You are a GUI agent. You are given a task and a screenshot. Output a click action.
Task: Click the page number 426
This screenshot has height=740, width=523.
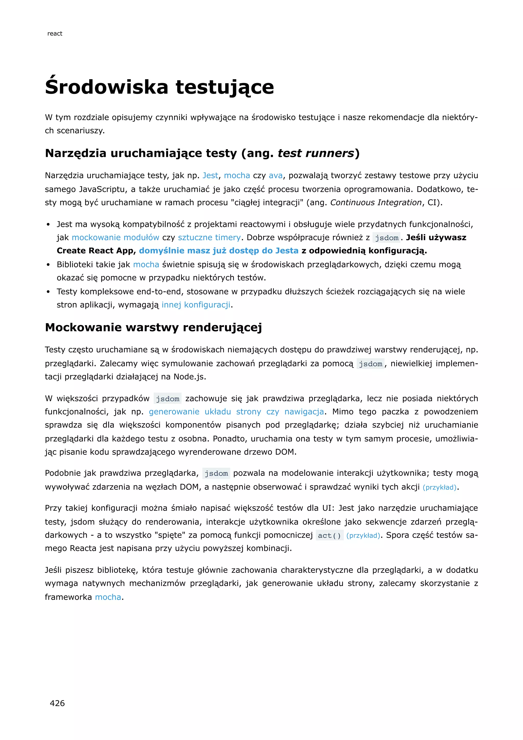pyautogui.click(x=57, y=703)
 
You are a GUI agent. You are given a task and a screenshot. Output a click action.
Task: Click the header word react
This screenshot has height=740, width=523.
pyautogui.click(x=55, y=33)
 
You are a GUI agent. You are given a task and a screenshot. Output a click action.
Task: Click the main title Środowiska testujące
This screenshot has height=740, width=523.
pyautogui.click(x=159, y=87)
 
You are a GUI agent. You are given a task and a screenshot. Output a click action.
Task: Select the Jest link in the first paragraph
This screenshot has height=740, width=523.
pyautogui.click(x=210, y=176)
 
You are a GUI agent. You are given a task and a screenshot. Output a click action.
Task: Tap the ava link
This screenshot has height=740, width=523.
pyautogui.click(x=275, y=176)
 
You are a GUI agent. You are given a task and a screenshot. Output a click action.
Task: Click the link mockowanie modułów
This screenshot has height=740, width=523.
pyautogui.click(x=115, y=238)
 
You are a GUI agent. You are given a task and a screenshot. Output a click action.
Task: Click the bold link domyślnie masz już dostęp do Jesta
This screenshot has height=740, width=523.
pyautogui.click(x=219, y=251)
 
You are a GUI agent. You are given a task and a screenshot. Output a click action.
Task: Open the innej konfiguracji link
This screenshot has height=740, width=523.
pyautogui.click(x=196, y=305)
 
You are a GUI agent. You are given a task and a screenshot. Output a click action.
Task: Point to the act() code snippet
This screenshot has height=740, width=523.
pyautogui.click(x=329, y=535)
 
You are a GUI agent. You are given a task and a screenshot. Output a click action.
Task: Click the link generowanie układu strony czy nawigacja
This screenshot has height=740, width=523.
pyautogui.click(x=236, y=412)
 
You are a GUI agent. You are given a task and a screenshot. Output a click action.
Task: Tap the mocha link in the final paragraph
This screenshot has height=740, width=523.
pyautogui.click(x=108, y=597)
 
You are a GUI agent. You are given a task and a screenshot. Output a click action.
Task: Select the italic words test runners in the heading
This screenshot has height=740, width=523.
pyautogui.click(x=316, y=153)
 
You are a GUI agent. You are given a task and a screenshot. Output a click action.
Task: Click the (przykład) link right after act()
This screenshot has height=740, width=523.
pyautogui.click(x=363, y=535)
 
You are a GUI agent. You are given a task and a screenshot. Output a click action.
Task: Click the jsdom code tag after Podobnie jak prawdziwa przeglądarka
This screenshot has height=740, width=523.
pyautogui.click(x=216, y=473)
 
